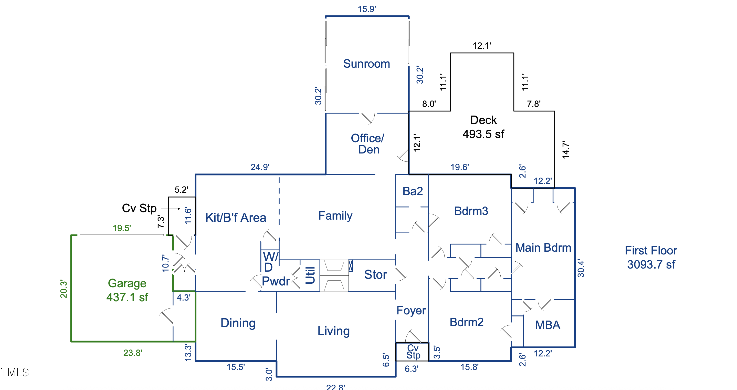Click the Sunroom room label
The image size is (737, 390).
coord(366,64)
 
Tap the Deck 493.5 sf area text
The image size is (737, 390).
coord(483,127)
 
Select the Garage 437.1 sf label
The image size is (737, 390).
coord(127,290)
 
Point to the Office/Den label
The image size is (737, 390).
coord(368,144)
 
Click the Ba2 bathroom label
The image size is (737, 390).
coord(412,191)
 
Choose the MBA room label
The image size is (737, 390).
coord(547,325)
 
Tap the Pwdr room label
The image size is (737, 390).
coord(276,281)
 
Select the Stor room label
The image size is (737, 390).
coord(375,275)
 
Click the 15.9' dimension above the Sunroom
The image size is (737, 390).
coord(367,9)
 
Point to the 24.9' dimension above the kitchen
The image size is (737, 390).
coord(260,167)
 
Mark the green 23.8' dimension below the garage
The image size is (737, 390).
coord(132,353)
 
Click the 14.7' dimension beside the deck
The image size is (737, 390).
coord(566,149)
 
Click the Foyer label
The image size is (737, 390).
coord(411,310)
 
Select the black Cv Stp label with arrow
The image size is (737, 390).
coord(139,208)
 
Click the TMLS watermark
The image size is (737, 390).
coord(15,372)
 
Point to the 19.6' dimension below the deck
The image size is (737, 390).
coord(459,167)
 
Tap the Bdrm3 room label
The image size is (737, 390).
coord(471,211)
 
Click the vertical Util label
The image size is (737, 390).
coord(310,275)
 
